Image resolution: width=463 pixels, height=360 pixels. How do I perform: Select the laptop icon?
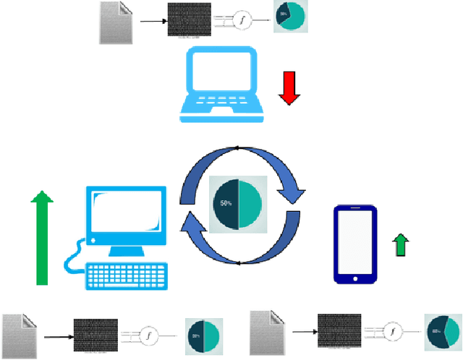click(x=219, y=83)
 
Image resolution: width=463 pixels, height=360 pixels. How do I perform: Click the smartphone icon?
click(x=355, y=245)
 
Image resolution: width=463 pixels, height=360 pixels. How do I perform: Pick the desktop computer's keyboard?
click(x=127, y=276)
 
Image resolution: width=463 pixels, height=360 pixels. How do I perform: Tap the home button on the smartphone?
click(x=355, y=278)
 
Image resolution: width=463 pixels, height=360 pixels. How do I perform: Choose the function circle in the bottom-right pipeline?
click(x=393, y=333)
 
